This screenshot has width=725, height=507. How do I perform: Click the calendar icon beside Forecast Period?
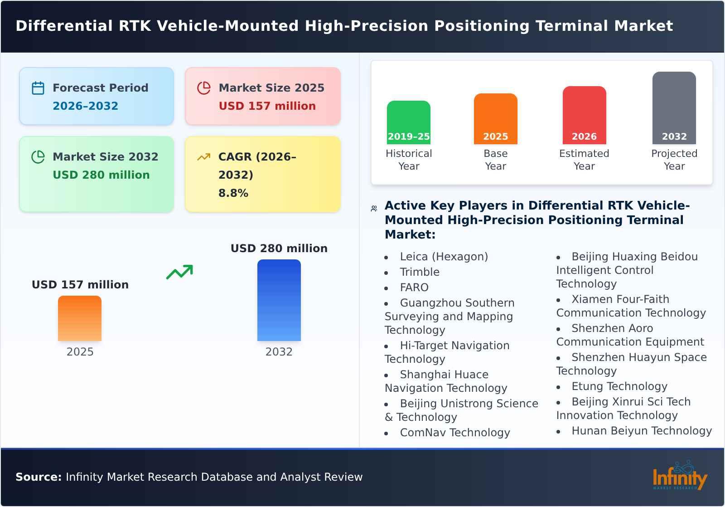(38, 88)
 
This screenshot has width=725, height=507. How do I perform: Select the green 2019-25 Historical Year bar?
(408, 122)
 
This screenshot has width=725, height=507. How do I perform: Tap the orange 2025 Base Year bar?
(495, 119)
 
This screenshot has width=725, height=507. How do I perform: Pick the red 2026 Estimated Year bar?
(584, 115)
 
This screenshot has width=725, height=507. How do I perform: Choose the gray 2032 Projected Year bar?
(674, 108)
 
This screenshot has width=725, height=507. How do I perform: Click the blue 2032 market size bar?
(279, 300)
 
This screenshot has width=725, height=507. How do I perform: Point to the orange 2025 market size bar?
(80, 318)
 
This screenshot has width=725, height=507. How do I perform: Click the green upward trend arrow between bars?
(179, 272)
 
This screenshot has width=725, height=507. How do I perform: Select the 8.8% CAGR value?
(233, 193)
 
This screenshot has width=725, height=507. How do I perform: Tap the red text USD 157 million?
(267, 106)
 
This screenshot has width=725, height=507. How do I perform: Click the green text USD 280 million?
(101, 175)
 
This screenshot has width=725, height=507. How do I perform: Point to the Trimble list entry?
(419, 272)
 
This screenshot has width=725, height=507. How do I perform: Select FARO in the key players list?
(414, 288)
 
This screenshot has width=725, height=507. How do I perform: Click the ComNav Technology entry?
(454, 433)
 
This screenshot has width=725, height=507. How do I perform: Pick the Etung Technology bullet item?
(619, 386)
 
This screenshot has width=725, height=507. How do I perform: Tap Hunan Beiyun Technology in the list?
(641, 431)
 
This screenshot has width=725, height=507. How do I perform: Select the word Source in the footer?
(38, 477)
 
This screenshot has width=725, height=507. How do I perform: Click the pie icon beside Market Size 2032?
(38, 157)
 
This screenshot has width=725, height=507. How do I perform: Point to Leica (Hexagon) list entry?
(444, 257)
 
